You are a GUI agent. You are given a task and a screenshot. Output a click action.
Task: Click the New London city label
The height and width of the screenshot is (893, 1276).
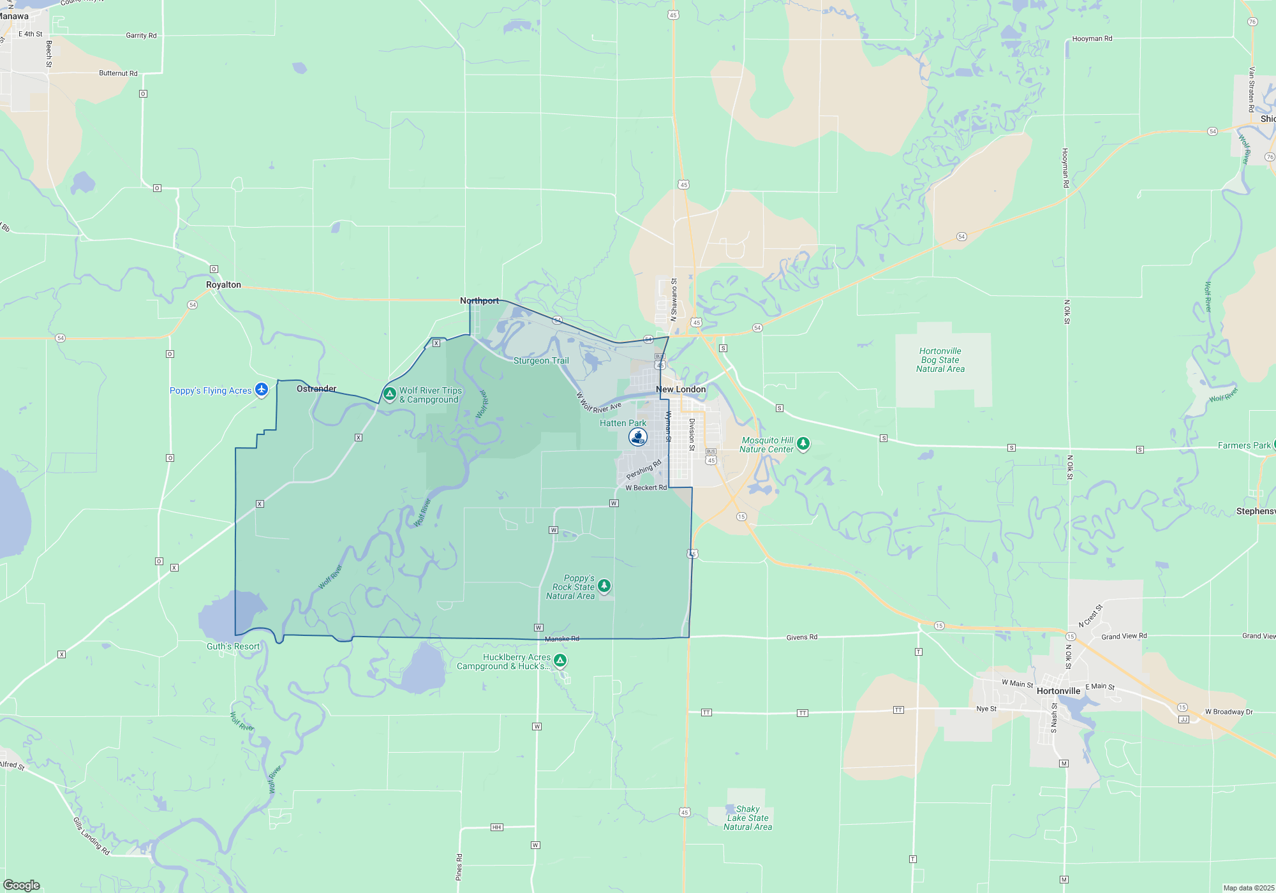[x=681, y=389]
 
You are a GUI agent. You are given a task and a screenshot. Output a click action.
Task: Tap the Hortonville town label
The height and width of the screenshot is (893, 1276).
[x=1058, y=691]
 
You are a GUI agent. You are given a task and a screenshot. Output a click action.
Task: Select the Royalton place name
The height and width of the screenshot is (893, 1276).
[x=223, y=285]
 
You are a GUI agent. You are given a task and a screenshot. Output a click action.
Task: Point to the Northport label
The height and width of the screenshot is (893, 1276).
[x=480, y=300]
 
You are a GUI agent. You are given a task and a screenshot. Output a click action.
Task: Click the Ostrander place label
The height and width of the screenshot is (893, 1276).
[x=316, y=388]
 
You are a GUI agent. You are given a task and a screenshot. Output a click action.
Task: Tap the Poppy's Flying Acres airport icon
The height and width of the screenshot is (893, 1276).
[x=261, y=389]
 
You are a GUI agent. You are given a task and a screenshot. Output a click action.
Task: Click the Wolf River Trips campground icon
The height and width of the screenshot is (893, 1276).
[x=389, y=394]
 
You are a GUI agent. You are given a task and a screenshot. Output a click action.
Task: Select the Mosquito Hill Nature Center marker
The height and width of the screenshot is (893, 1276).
[x=803, y=443]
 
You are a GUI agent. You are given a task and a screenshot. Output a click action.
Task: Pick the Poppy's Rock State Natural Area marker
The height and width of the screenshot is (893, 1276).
[x=604, y=586]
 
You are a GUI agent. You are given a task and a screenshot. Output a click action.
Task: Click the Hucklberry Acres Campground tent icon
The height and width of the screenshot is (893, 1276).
[x=560, y=660]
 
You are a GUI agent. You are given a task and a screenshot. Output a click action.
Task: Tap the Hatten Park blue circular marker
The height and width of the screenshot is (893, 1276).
[x=638, y=437]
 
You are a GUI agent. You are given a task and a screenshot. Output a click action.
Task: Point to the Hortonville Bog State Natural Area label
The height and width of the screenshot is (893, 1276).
[x=940, y=360]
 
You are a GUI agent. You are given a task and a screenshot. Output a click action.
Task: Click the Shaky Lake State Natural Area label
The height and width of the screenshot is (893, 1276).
[x=748, y=818]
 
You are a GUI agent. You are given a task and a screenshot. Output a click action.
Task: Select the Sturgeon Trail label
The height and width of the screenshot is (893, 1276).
[x=541, y=360]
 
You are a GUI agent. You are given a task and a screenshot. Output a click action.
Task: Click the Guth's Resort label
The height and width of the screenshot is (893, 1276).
[x=233, y=646]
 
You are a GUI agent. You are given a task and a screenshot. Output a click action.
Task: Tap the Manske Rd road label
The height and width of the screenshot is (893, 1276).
[x=562, y=638]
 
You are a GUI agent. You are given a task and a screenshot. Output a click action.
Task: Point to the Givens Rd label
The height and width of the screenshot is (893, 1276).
[x=802, y=637]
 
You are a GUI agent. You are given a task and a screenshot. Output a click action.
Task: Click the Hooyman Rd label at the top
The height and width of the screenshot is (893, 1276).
[x=1092, y=39]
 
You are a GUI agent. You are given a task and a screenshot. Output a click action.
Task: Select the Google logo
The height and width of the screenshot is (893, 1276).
[x=22, y=885]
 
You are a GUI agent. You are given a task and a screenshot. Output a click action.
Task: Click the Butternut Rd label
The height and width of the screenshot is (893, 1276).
[x=118, y=73]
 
